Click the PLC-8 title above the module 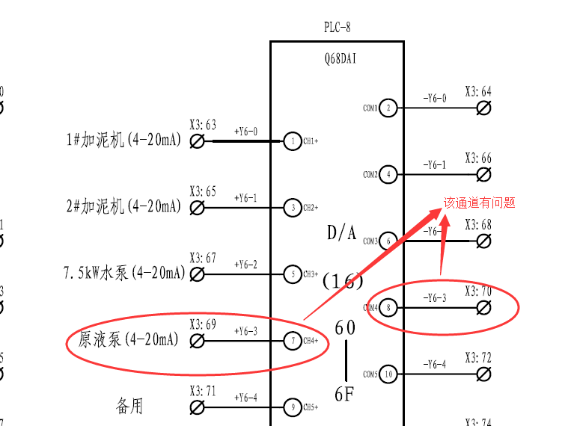pos(337,28)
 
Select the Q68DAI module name pos(336,57)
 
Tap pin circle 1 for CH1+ pos(293,141)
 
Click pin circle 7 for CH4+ pos(293,341)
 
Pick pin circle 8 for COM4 pos(388,307)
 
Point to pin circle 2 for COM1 pos(388,108)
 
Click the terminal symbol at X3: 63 pos(198,141)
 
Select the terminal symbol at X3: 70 pos(484,307)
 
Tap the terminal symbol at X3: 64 pos(484,108)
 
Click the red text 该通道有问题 pos(480,203)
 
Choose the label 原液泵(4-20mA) pos(129,340)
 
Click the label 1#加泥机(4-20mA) pos(123,140)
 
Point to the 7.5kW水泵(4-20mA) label pos(123,274)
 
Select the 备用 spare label pos(129,406)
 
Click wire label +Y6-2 pos(245,265)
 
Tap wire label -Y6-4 pos(434,365)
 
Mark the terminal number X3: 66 pos(478,158)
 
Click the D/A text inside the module pos(342,233)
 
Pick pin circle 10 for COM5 pos(388,374)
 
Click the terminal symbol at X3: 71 pos(198,407)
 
